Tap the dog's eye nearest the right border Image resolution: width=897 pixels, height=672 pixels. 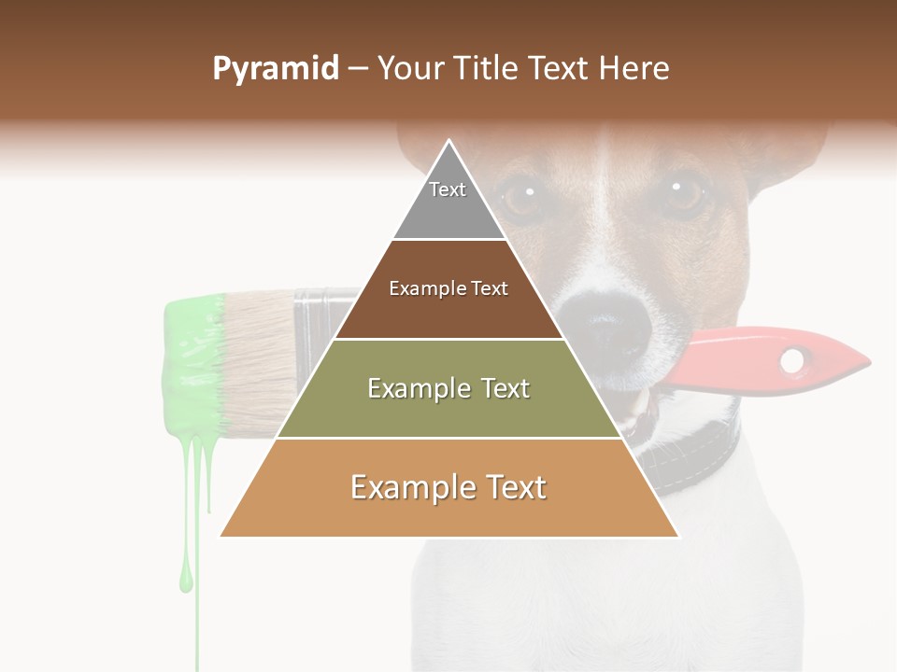click(686, 193)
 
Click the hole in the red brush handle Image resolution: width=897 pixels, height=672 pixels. click(793, 359)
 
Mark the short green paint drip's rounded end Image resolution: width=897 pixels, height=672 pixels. click(186, 582)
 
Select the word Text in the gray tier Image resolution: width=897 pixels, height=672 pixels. click(448, 189)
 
